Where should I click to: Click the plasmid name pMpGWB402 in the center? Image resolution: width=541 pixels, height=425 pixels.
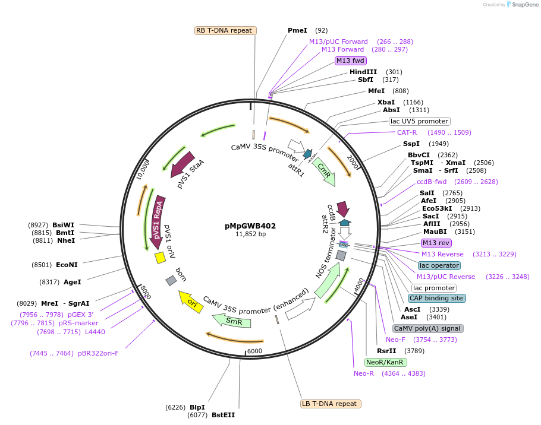point(250,226)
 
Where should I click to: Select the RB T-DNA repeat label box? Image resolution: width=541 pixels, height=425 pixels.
point(226,30)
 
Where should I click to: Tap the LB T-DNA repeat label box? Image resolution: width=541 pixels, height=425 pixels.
point(331,404)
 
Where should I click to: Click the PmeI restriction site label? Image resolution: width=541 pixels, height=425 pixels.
point(297,30)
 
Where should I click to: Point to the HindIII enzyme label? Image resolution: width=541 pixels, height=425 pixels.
point(363,72)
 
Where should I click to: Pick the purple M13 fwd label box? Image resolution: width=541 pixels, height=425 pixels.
point(350,61)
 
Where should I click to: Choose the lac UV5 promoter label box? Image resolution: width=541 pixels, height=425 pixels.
point(419,121)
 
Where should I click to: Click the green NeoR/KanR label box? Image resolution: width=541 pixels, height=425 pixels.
point(385,362)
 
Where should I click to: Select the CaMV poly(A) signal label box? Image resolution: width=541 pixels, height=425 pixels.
point(427,328)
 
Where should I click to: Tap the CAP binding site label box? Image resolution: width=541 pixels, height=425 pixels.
point(436,298)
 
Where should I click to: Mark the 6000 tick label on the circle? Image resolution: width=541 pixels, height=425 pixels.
point(254,351)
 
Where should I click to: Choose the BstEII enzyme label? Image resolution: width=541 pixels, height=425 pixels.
point(223,415)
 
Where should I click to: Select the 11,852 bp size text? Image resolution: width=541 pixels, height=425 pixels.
point(250,234)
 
